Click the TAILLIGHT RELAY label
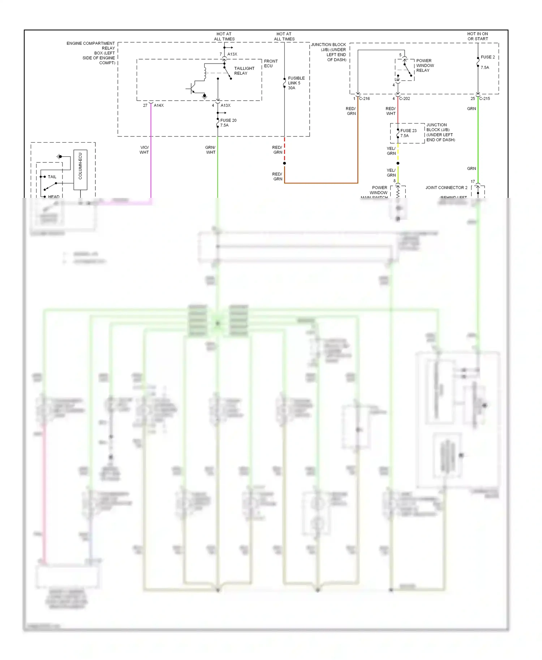pos(244,71)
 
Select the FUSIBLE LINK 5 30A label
pos(296,83)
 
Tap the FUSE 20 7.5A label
pos(228,123)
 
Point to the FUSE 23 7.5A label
pos(408,133)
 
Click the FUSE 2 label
pos(487,57)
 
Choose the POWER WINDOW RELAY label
pos(425,66)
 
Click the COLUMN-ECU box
pos(80,170)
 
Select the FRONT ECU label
pos(271,64)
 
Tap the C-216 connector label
pos(364,99)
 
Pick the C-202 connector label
pos(404,99)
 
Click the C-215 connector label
pos(485,99)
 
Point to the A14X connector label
pos(159,105)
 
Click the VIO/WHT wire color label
pos(144,150)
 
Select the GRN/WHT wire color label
pos(210,150)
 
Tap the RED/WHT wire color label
pos(391,111)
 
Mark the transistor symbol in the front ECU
pos(192,88)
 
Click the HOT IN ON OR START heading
pos(477,36)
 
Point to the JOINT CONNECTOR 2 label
pos(446,188)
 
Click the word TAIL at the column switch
pos(52,177)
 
